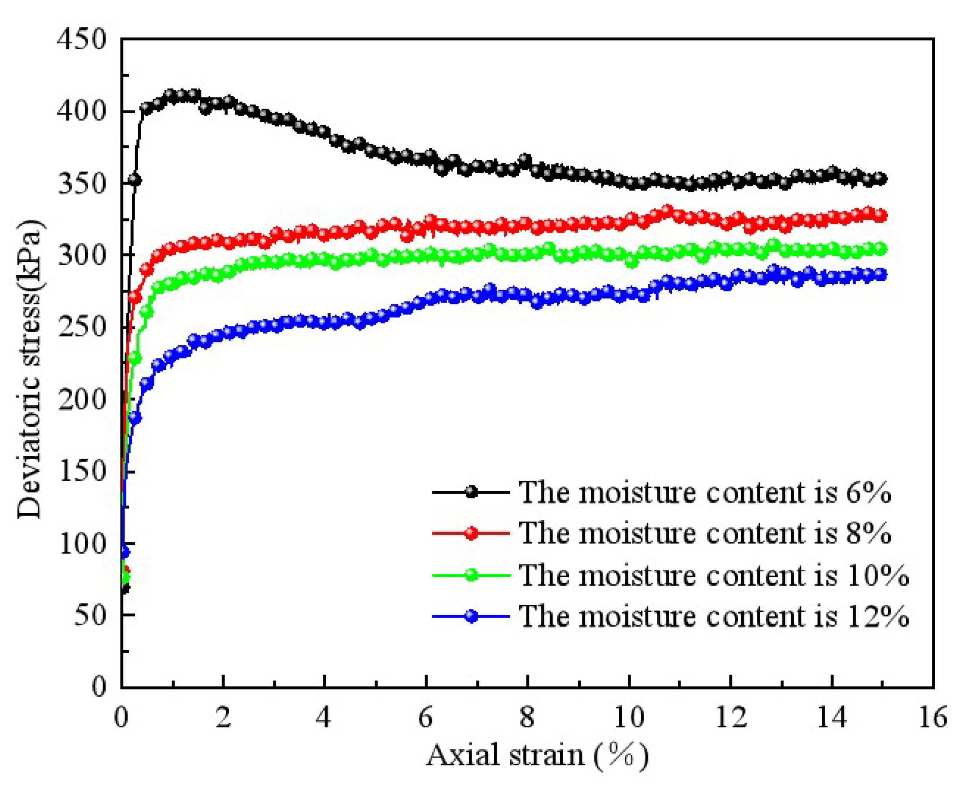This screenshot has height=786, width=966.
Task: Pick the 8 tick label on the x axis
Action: coord(527,718)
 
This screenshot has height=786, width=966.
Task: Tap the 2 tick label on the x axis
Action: coord(222,718)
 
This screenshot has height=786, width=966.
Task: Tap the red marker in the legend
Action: coord(471,533)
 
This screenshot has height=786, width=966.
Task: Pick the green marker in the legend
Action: coord(471,575)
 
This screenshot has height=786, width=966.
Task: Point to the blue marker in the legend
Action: coord(471,616)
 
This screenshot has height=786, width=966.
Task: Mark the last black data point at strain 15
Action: coord(881,179)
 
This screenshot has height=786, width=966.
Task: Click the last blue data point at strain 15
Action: coord(881,275)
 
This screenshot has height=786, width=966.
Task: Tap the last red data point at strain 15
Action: coord(881,216)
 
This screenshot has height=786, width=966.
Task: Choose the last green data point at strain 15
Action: coord(881,249)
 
